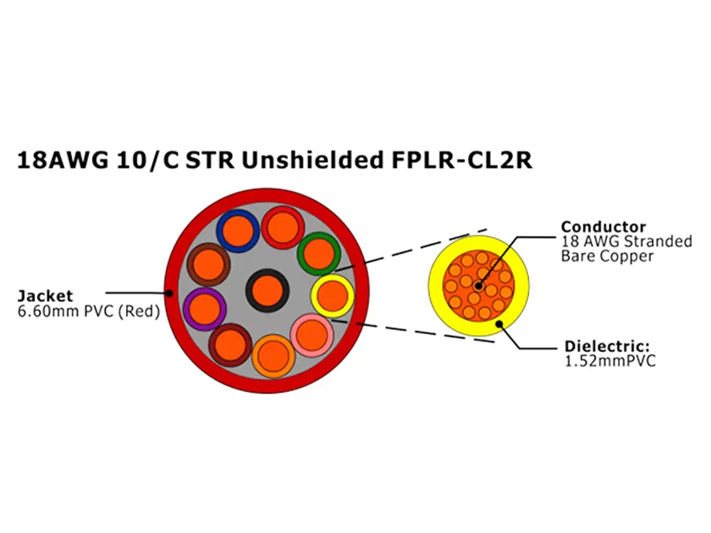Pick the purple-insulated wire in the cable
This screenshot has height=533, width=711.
[204, 308]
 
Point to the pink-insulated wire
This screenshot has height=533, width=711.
[313, 335]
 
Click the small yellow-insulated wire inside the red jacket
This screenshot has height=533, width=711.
[333, 295]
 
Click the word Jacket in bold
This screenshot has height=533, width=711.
[46, 296]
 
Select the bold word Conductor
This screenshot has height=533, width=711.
[604, 227]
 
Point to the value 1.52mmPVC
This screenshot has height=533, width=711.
[610, 361]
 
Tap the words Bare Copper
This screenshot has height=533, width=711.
[607, 256]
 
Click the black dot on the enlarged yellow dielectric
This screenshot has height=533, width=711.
[499, 322]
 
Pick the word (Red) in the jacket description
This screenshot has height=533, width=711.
[139, 310]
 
